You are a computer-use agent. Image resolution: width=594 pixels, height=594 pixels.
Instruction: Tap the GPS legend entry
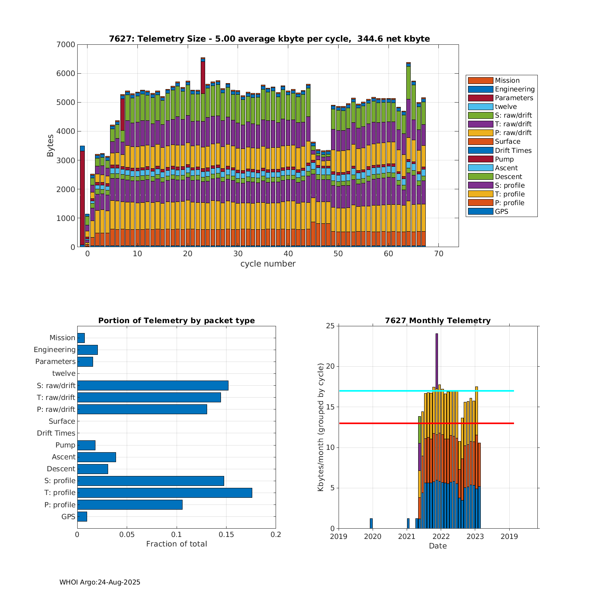(x=501, y=211)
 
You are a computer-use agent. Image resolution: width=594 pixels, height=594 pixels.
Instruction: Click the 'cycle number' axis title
(x=268, y=264)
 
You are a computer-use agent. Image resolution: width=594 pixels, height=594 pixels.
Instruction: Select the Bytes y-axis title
(x=50, y=146)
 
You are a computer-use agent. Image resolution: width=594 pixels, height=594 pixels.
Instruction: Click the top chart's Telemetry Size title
(x=269, y=39)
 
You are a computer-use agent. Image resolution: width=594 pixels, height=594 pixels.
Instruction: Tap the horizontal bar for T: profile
(x=164, y=493)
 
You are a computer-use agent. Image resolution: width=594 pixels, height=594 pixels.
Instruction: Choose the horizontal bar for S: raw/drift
(x=152, y=385)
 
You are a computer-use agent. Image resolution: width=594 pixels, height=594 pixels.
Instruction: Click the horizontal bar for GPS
(x=82, y=516)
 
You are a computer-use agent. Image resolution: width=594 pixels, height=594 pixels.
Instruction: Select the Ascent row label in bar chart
(x=63, y=457)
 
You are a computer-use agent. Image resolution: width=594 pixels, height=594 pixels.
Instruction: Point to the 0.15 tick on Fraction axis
(x=226, y=535)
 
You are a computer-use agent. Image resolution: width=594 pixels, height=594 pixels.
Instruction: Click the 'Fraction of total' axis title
(x=176, y=544)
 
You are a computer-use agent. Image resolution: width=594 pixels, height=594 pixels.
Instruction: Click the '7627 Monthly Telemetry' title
(x=438, y=321)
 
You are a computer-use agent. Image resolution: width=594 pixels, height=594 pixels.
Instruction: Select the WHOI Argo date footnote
(x=100, y=582)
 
